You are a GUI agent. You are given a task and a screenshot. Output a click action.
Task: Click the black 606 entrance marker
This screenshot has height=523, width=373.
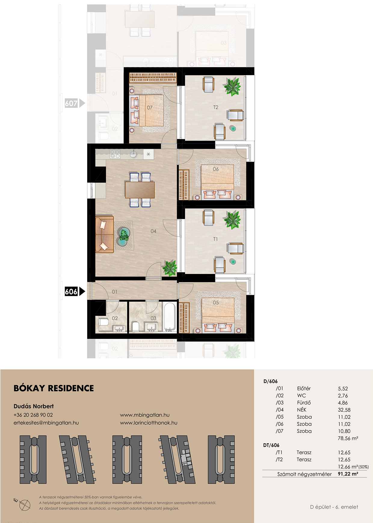(x=75, y=291)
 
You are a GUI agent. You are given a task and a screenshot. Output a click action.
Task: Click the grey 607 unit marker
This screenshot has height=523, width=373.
(x=75, y=103)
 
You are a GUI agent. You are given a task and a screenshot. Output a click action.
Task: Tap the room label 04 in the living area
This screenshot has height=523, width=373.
(x=153, y=231)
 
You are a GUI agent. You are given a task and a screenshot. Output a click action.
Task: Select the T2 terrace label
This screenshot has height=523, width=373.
(x=216, y=107)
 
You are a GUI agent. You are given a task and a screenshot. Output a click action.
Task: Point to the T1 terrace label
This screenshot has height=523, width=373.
(x=215, y=239)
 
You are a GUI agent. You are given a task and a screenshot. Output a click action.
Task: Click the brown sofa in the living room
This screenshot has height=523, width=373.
(x=104, y=235)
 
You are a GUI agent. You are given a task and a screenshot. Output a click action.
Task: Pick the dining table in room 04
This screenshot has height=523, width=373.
(x=140, y=190)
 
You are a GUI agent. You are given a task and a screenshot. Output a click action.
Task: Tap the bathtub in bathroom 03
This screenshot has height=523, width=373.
(x=170, y=317)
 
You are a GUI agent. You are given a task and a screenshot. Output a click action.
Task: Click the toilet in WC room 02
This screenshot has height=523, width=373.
(x=103, y=322)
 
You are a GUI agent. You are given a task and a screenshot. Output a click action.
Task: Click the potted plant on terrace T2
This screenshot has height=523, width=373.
(x=232, y=87)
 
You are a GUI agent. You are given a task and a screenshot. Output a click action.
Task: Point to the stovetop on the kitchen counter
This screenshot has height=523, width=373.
(x=115, y=154)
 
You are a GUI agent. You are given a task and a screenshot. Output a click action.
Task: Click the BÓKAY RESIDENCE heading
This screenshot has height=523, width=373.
(x=54, y=388)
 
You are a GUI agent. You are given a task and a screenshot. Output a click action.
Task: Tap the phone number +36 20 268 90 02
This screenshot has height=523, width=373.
(x=33, y=415)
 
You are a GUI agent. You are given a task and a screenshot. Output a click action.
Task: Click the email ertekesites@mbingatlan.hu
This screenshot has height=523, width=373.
(x=46, y=423)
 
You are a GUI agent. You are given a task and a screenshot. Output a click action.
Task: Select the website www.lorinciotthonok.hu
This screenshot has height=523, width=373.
(x=149, y=423)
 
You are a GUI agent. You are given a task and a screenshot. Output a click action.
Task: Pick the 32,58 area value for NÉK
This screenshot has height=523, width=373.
(x=344, y=410)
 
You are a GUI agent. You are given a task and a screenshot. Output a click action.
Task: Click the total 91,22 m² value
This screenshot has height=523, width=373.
(x=348, y=474)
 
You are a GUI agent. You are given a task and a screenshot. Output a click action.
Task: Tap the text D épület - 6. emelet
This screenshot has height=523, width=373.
(x=334, y=507)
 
